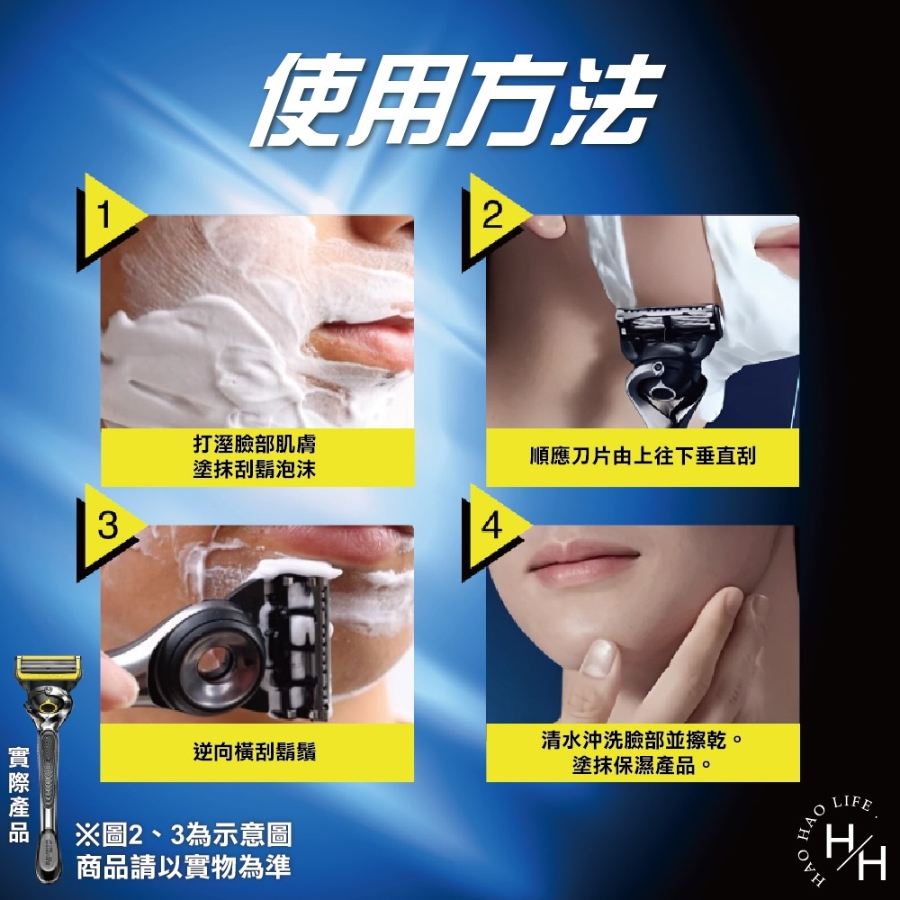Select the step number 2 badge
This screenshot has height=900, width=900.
click(x=491, y=217)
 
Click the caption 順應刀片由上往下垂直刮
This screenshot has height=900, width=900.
click(x=643, y=457)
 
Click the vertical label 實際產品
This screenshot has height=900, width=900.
click(x=18, y=793)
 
